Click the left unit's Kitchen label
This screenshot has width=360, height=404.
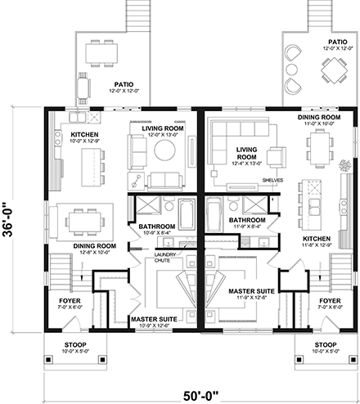[x=85, y=134]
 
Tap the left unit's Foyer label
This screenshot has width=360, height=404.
[x=68, y=300]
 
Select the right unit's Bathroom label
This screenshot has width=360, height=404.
[x=245, y=220]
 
